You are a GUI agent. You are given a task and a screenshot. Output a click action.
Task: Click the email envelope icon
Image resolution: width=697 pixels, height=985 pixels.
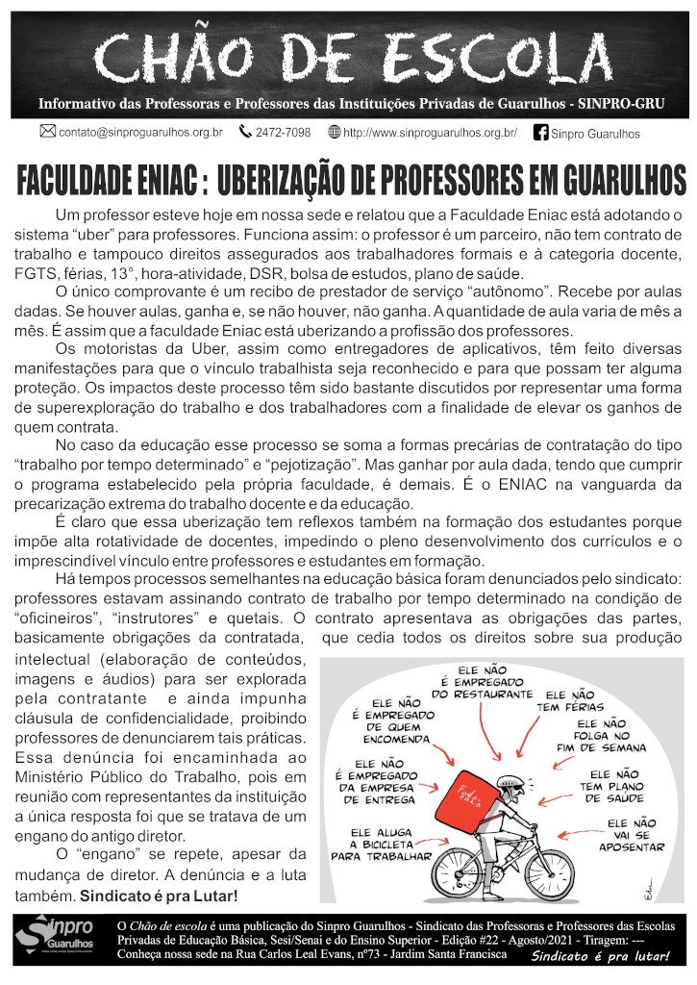tap(47, 132)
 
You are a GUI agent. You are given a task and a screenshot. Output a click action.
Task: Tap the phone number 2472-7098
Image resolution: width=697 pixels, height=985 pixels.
tap(283, 133)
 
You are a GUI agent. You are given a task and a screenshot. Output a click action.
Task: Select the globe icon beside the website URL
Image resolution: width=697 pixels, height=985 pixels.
tap(335, 132)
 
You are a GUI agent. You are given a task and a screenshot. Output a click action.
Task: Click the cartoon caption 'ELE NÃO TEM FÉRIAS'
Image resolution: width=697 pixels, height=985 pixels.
tap(569, 701)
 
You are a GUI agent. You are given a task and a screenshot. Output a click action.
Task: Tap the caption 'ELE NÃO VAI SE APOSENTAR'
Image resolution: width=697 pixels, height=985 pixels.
tap(631, 835)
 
